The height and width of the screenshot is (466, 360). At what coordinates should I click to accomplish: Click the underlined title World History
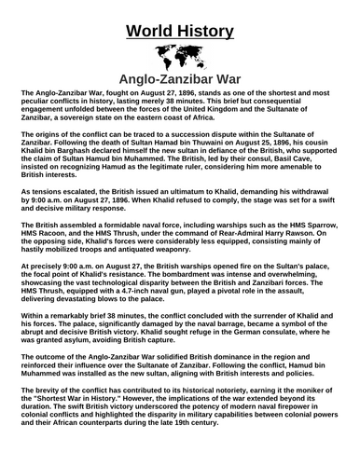[x=179, y=16]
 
